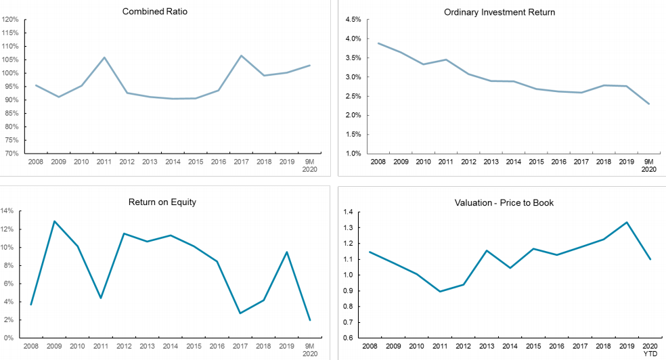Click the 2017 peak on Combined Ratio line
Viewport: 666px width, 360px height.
coord(241,55)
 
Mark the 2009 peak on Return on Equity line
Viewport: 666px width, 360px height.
coord(54,221)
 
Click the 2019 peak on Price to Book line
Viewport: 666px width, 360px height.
coord(627,222)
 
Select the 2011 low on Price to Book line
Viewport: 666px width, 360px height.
coord(440,292)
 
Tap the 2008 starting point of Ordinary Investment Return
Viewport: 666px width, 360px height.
coord(378,43)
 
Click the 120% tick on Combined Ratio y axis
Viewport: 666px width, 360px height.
coord(10,20)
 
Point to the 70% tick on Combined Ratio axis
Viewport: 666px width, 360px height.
coord(12,154)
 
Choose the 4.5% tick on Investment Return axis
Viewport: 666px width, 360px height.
coord(352,20)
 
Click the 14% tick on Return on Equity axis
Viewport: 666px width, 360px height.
coord(7,211)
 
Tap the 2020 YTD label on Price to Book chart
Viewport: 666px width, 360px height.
coord(650,349)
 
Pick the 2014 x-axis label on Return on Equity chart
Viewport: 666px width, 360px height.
coord(171,346)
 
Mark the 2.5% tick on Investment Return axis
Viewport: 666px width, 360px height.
coord(352,96)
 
